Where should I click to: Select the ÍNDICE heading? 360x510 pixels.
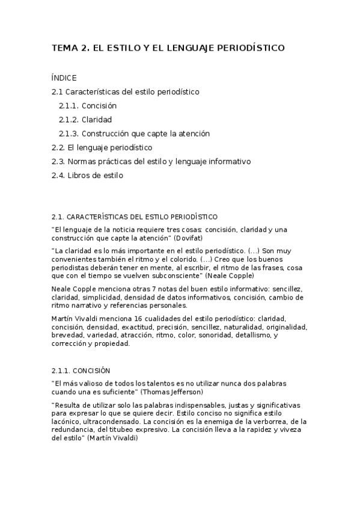(x=64, y=78)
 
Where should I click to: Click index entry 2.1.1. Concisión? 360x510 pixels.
(x=87, y=105)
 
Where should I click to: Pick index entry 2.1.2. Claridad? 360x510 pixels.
(x=85, y=119)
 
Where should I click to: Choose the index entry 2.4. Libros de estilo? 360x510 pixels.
(x=87, y=175)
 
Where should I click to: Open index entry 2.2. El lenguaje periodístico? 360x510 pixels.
(x=102, y=147)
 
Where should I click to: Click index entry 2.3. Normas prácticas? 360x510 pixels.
(x=151, y=161)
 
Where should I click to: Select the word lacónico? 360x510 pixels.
(x=67, y=422)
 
